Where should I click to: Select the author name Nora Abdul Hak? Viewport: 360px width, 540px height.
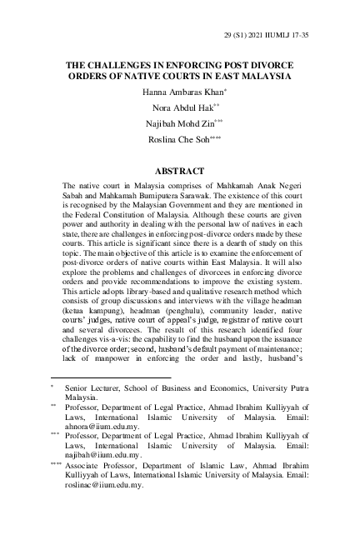178,107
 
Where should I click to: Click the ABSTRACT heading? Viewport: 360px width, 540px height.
181,171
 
